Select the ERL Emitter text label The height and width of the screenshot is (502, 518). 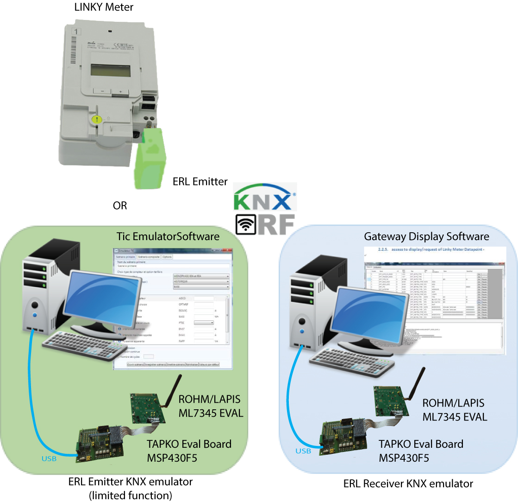point(200,181)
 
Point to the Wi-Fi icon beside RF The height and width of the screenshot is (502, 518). point(245,224)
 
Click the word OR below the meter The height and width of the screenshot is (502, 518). point(120,205)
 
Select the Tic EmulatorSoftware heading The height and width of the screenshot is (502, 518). point(168,237)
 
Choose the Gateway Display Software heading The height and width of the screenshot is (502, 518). point(426,237)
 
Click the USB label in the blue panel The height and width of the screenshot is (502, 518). point(304,451)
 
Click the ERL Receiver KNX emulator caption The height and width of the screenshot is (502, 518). point(408,484)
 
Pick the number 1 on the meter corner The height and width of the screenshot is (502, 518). point(75,33)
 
